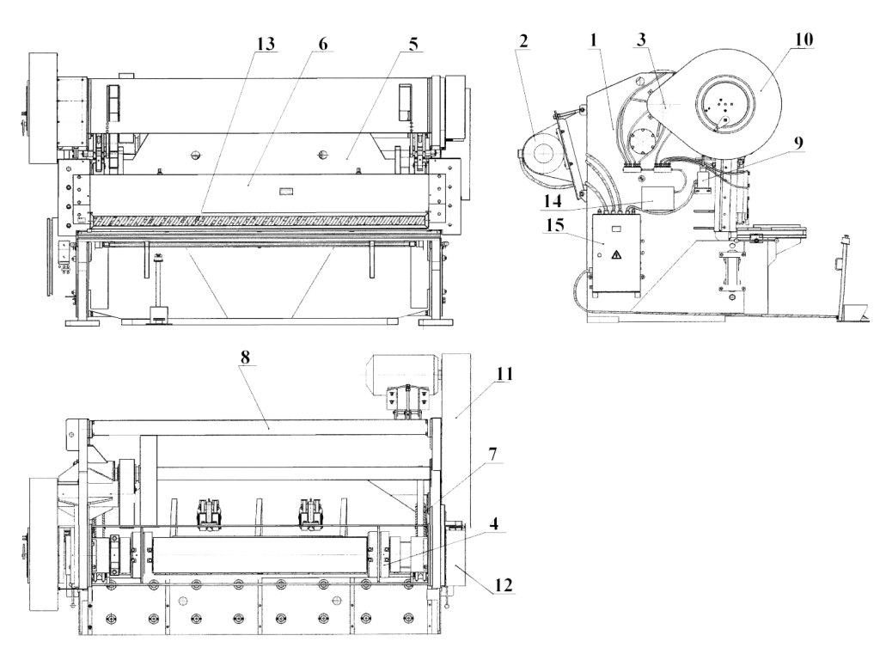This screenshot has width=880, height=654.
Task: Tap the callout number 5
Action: click(414, 43)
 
